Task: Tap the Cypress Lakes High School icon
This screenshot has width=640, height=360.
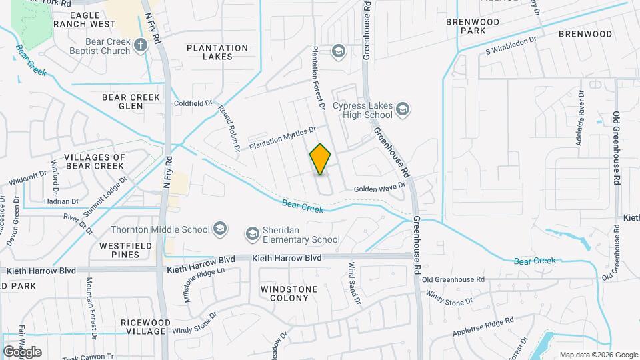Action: (x=402, y=109)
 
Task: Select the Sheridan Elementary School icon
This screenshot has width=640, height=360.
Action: (x=252, y=233)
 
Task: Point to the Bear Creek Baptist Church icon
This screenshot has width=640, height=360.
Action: (x=140, y=45)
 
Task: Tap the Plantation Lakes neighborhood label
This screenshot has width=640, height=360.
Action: (x=217, y=52)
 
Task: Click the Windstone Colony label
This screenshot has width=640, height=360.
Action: (x=285, y=293)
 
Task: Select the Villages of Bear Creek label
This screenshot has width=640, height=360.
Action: (x=95, y=161)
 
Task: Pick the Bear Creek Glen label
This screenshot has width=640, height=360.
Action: (x=131, y=101)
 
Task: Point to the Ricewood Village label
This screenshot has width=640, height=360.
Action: (x=143, y=327)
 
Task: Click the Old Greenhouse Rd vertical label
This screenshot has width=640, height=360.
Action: (x=617, y=148)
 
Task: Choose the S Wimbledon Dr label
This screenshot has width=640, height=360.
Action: (x=511, y=45)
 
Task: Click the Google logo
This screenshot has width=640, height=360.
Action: (x=22, y=351)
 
